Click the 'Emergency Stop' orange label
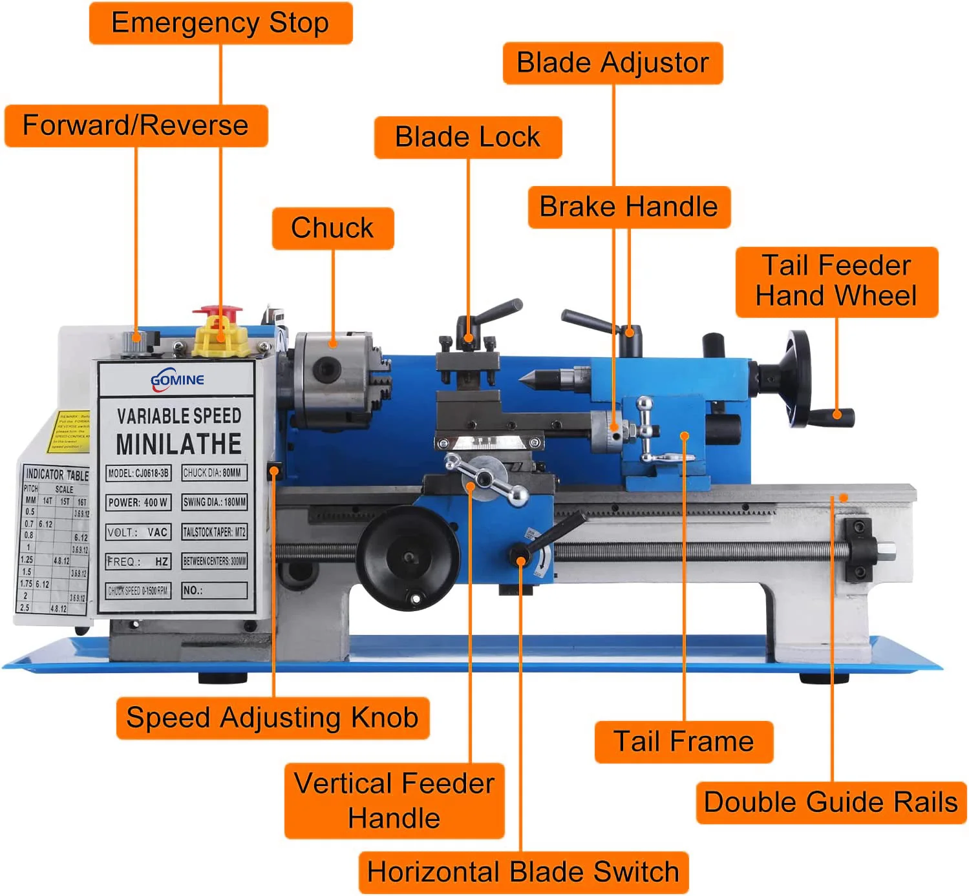220,23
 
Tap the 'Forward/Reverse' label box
136,125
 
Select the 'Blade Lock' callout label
467,137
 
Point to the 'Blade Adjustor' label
612,63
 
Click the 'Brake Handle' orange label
628,207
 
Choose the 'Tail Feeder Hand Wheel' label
836,282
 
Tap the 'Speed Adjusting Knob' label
272,718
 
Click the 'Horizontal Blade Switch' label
523,872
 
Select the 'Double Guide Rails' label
831,802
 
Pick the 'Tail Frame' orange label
683,742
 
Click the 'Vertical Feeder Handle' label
394,801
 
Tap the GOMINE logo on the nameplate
177,380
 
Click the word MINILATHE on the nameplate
178,444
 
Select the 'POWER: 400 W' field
138,502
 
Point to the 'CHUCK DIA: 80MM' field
214,473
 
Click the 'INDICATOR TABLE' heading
57,475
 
